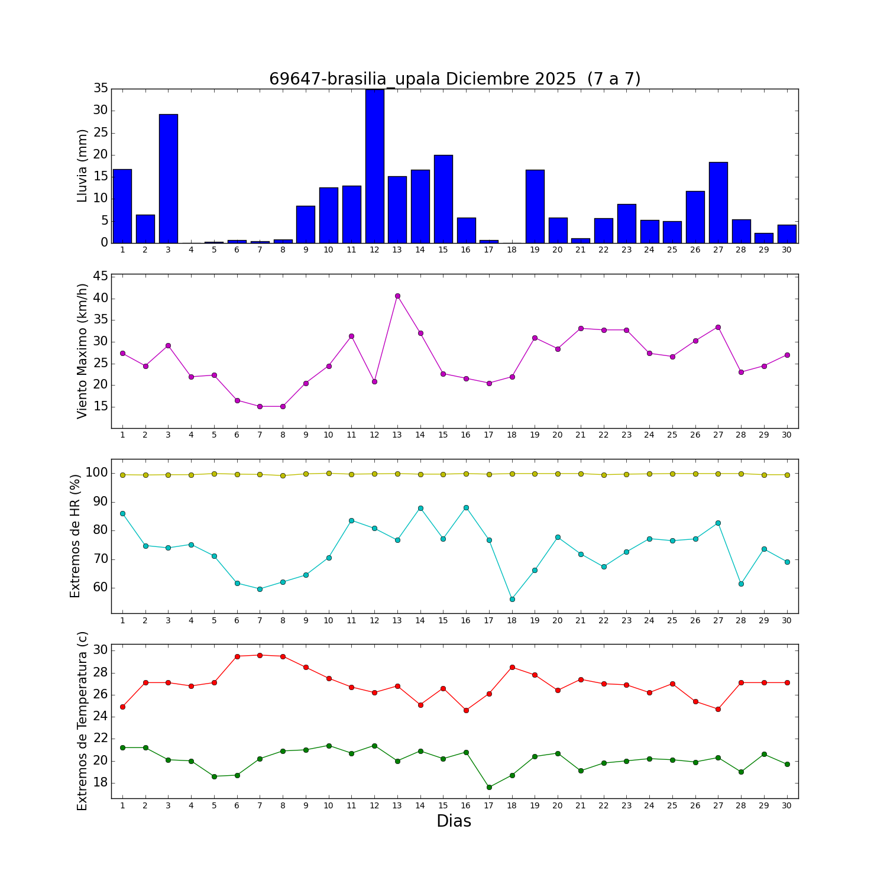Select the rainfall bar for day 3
click(x=169, y=178)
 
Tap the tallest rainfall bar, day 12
click(x=375, y=166)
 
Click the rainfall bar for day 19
click(x=535, y=206)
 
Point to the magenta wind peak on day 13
click(x=397, y=296)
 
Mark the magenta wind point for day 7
click(x=260, y=406)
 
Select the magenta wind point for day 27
click(x=718, y=327)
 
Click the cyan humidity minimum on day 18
click(x=512, y=599)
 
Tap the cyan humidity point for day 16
click(x=466, y=507)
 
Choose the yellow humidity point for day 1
click(x=122, y=475)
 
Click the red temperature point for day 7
click(x=260, y=655)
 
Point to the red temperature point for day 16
click(x=466, y=710)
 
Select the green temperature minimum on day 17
click(x=489, y=787)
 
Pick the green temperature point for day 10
click(x=329, y=746)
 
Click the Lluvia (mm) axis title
click(x=82, y=166)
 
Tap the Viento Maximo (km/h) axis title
click(x=82, y=351)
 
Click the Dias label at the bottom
click(x=454, y=821)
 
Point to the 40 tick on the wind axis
click(x=100, y=298)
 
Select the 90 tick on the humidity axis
click(x=100, y=502)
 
